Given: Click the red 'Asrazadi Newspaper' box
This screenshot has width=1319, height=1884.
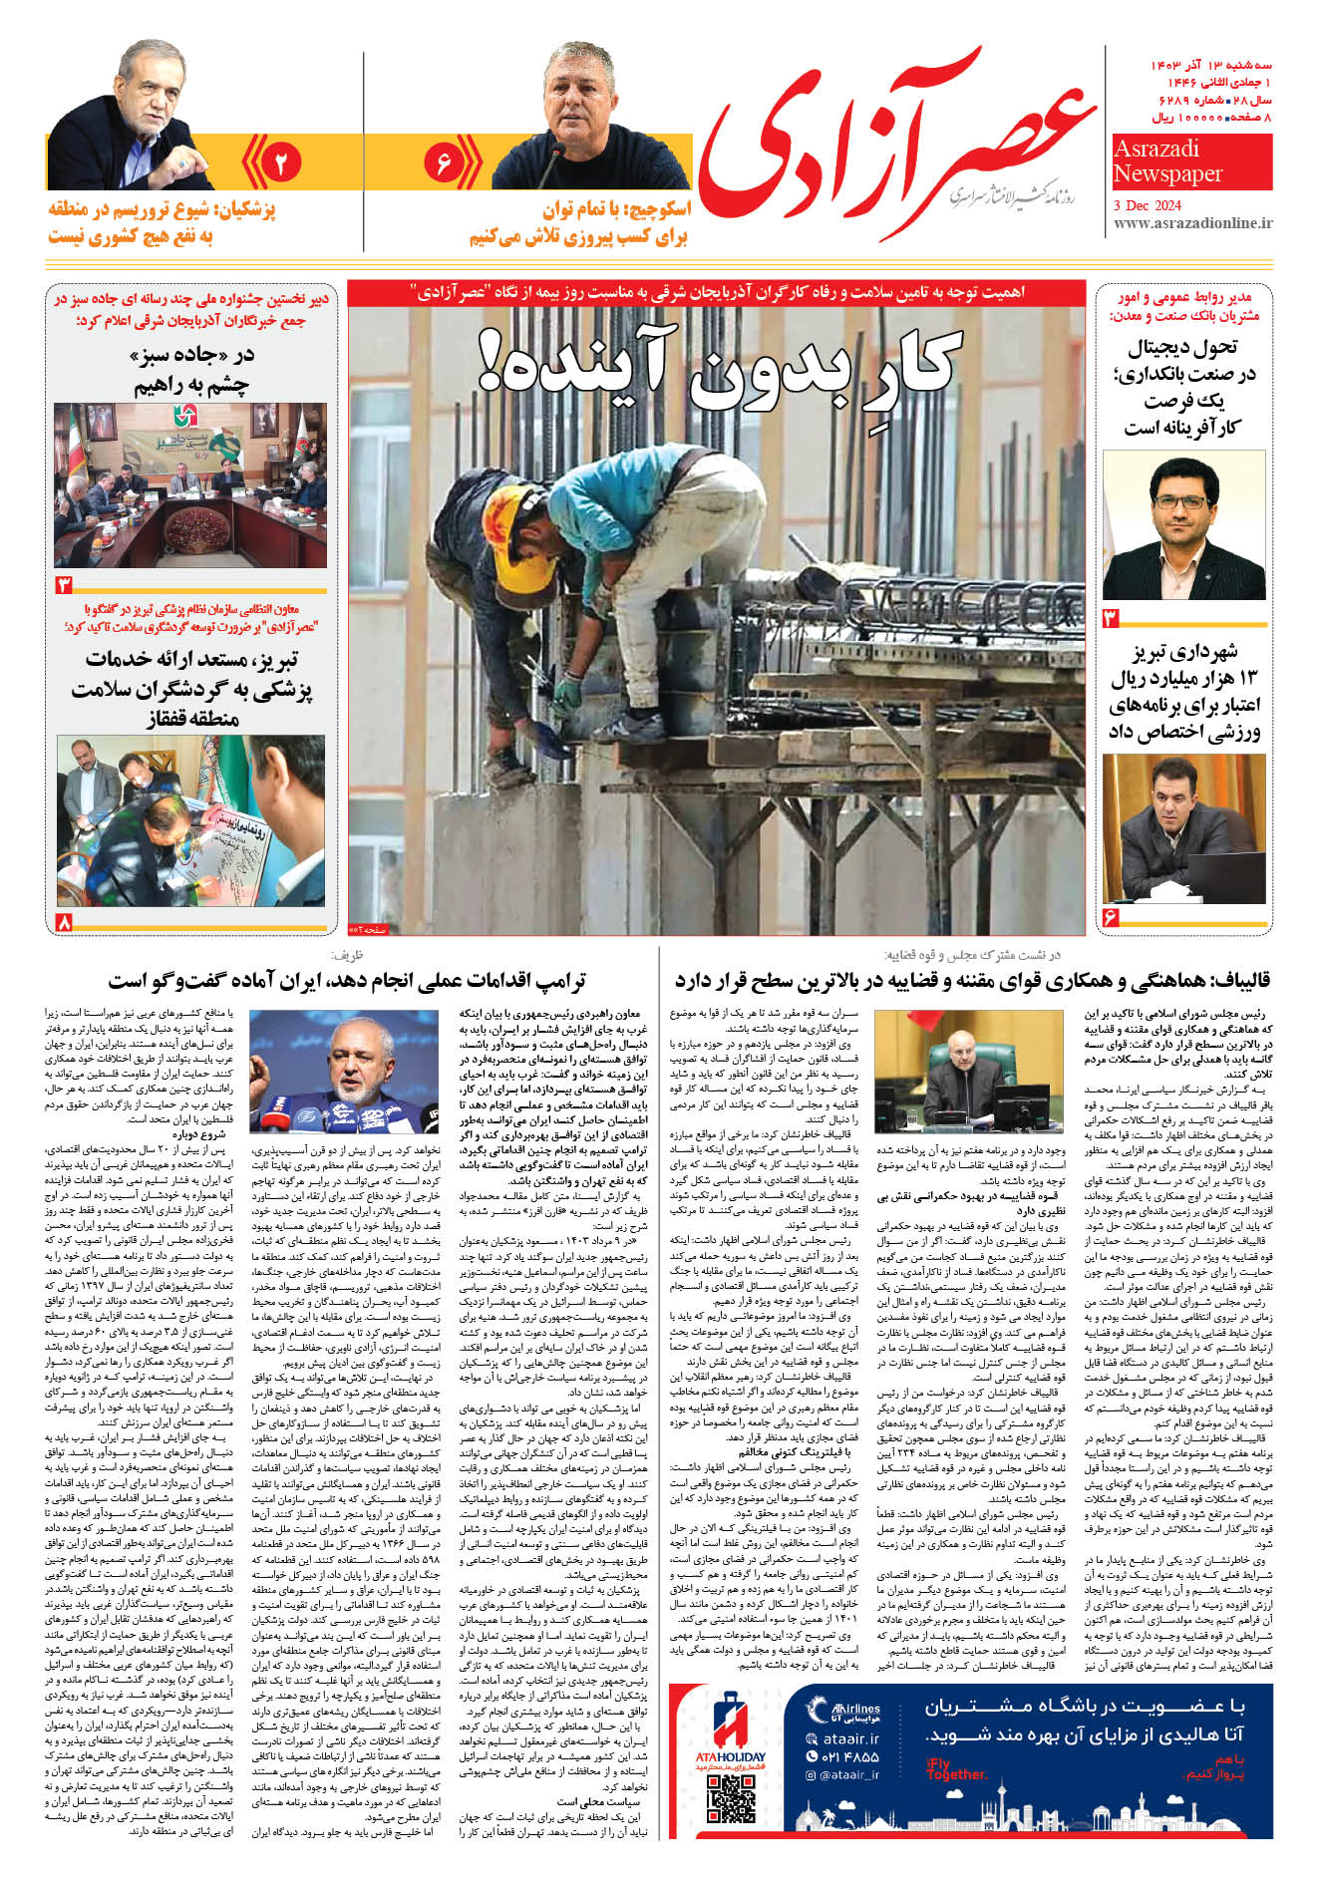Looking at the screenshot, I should coord(1191,161).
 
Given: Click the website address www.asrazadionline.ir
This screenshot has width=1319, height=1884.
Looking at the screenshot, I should coord(1192,224).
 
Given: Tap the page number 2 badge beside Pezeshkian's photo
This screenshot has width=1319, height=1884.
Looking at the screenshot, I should coord(280,162).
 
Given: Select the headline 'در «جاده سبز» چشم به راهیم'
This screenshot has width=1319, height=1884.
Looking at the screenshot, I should coord(191,370).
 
